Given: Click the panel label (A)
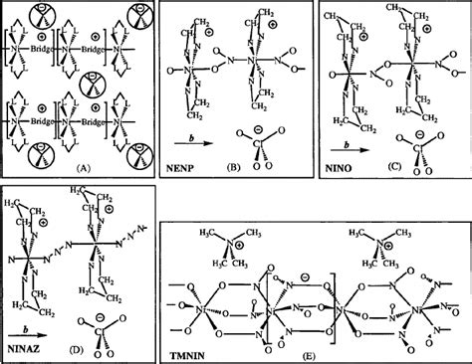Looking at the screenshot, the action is click(x=77, y=170).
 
